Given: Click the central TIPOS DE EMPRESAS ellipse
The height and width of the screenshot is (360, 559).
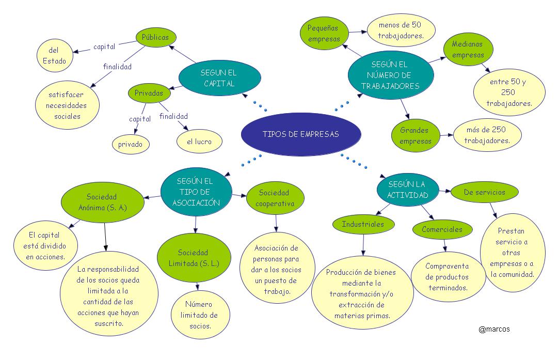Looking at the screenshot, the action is (x=301, y=134).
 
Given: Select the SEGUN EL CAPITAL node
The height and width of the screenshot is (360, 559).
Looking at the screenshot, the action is (x=219, y=78).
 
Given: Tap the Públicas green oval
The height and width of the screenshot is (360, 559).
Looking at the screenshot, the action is (x=156, y=37).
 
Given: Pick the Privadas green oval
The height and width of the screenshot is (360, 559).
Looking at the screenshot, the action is (x=149, y=93).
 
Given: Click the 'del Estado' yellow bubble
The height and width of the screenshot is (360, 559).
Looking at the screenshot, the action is (x=55, y=56).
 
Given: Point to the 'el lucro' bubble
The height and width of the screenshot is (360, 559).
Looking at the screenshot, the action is (x=199, y=142).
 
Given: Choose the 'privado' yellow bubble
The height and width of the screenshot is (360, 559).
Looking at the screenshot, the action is (x=131, y=144).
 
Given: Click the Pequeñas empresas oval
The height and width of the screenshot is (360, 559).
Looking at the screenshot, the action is (x=324, y=33).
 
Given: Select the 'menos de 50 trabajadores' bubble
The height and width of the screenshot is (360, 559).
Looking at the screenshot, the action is (x=401, y=30).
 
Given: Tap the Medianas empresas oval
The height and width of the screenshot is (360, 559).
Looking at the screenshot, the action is (x=468, y=50).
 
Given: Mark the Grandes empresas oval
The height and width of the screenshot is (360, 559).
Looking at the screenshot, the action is (x=416, y=135).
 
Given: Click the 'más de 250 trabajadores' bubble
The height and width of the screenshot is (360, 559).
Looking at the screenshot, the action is (x=487, y=135).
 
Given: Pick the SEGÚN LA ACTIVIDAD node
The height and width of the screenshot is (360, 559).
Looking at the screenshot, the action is (x=407, y=190).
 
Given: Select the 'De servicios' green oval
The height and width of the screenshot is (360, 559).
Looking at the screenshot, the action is (x=485, y=192).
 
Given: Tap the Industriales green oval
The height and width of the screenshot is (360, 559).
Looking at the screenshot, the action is (x=363, y=225).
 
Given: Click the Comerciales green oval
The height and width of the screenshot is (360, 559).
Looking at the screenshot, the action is (x=442, y=229).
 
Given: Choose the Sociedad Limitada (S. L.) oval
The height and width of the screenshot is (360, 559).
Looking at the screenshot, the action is (x=194, y=258).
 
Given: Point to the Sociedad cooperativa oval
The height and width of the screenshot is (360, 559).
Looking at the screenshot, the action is (x=275, y=198).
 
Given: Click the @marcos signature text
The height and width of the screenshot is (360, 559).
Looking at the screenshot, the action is (x=494, y=330).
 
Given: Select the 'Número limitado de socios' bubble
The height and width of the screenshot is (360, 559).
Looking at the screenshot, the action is (x=200, y=315).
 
